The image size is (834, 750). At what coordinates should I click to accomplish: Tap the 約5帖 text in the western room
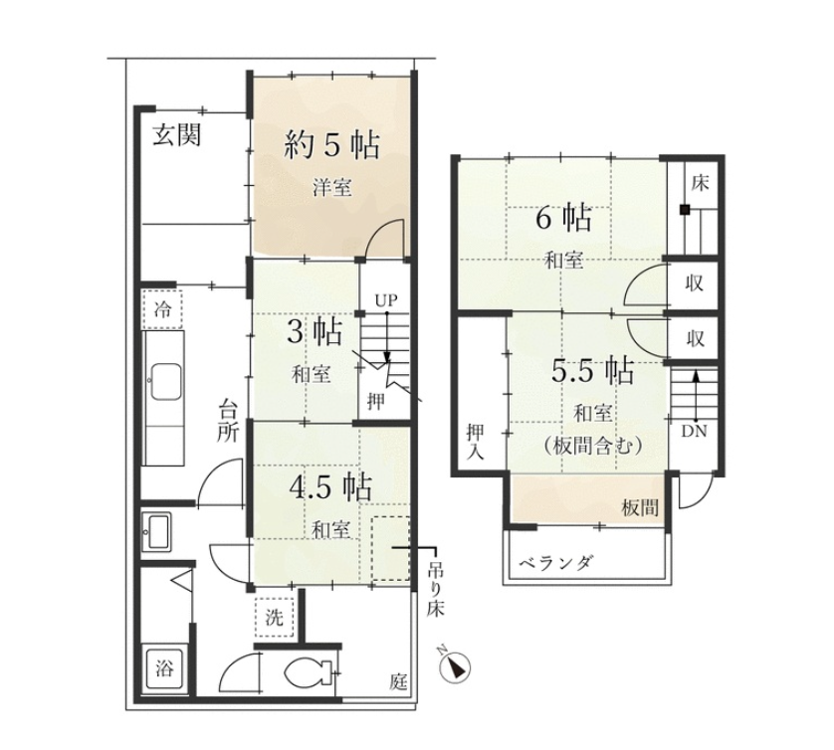click(x=331, y=144)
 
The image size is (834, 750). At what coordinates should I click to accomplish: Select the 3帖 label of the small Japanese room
click(x=314, y=333)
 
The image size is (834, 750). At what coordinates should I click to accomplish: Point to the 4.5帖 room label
click(x=329, y=486)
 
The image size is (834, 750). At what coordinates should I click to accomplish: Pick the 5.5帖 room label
click(x=592, y=370)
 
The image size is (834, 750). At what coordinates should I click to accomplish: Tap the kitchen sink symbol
click(x=166, y=383)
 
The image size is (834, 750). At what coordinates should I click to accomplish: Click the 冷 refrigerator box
click(x=163, y=309)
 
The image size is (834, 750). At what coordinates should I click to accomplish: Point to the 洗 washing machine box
click(x=275, y=618)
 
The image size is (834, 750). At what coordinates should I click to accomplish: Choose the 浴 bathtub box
click(x=164, y=667)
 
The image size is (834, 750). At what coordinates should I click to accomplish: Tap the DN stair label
click(x=694, y=431)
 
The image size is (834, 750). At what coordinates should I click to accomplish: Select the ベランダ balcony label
click(x=555, y=562)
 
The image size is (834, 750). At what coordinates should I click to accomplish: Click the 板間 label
click(x=640, y=508)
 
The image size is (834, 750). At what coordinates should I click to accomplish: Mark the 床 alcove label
click(x=700, y=183)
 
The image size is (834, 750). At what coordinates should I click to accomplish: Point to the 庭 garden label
click(x=398, y=681)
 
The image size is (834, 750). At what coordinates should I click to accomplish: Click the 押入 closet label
click(x=475, y=443)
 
